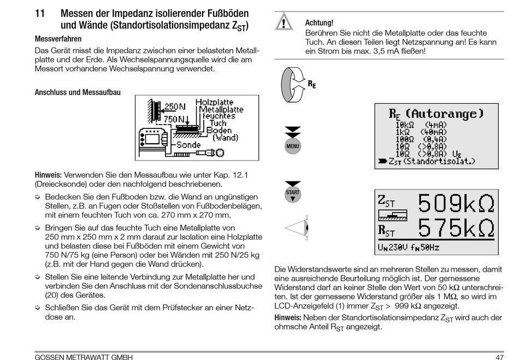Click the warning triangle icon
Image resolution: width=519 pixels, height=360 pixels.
[x=284, y=22]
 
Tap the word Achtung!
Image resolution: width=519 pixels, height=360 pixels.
[x=319, y=22]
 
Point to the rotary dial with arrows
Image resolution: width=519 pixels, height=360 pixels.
[x=293, y=84]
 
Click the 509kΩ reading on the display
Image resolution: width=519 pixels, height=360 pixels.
[x=456, y=204]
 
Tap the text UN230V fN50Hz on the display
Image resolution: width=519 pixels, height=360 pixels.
[x=409, y=247]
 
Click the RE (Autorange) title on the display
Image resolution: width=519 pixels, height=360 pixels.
[x=436, y=114]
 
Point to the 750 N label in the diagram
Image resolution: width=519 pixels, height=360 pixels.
[x=174, y=118]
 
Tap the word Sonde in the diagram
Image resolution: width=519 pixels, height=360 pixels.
[x=188, y=145]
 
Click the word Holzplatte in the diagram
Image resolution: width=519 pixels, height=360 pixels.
[x=214, y=102]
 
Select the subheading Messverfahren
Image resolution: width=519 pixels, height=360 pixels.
[x=58, y=39]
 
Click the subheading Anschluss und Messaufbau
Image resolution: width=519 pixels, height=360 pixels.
[x=78, y=92]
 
